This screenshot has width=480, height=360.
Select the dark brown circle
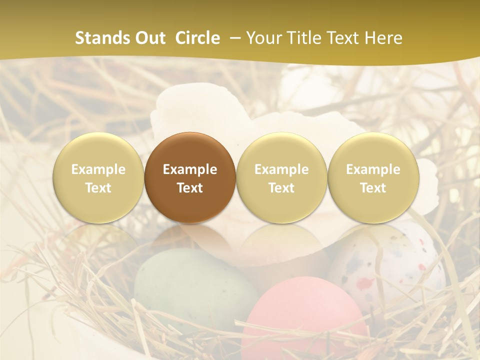coord(190,177)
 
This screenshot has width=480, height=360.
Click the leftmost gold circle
coord(98,177)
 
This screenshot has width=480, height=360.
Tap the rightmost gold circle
coord(373,177)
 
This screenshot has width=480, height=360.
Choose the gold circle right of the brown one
coord(281,177)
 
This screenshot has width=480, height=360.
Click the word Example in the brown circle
coord(190,169)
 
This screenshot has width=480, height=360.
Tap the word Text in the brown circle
coord(190,188)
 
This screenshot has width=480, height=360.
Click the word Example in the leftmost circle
coord(98,169)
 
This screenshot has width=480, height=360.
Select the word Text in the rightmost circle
coord(373,188)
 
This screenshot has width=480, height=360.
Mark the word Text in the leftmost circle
coord(98,188)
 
